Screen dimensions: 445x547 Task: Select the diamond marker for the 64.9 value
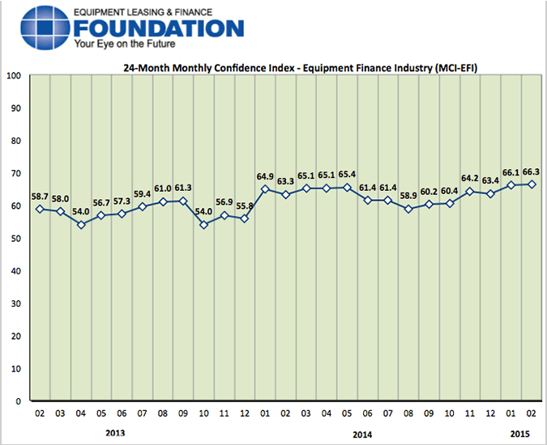(x=265, y=189)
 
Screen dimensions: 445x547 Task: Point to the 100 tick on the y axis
(x=13, y=76)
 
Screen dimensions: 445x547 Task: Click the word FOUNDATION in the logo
(x=158, y=28)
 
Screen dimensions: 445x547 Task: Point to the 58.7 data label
(x=40, y=197)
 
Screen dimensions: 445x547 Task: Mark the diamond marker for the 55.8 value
(x=244, y=219)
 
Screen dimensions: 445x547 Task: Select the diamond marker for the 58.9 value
(x=408, y=209)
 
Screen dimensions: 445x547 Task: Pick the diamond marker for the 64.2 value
(x=470, y=192)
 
